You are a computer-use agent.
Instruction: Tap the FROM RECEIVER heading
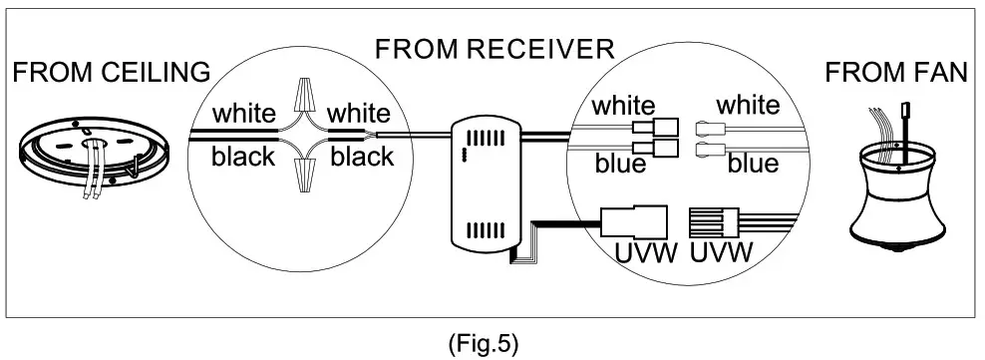[x=493, y=49]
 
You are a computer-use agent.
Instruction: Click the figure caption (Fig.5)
[x=485, y=344]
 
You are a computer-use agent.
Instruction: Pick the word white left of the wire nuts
[x=242, y=115]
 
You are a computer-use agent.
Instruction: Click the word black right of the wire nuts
[x=362, y=157]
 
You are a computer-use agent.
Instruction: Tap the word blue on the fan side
[x=753, y=165]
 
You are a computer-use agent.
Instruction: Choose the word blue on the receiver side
[x=620, y=165]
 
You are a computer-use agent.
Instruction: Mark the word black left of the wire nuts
[x=242, y=157]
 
